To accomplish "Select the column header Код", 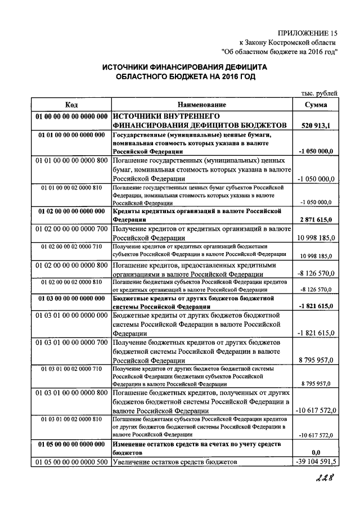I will [x=71, y=105].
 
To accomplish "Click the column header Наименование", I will [x=202, y=105].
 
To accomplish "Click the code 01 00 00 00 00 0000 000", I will [x=71, y=115].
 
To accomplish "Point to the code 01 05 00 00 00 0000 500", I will [x=71, y=462].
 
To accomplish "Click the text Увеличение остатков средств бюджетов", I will [x=175, y=462].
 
